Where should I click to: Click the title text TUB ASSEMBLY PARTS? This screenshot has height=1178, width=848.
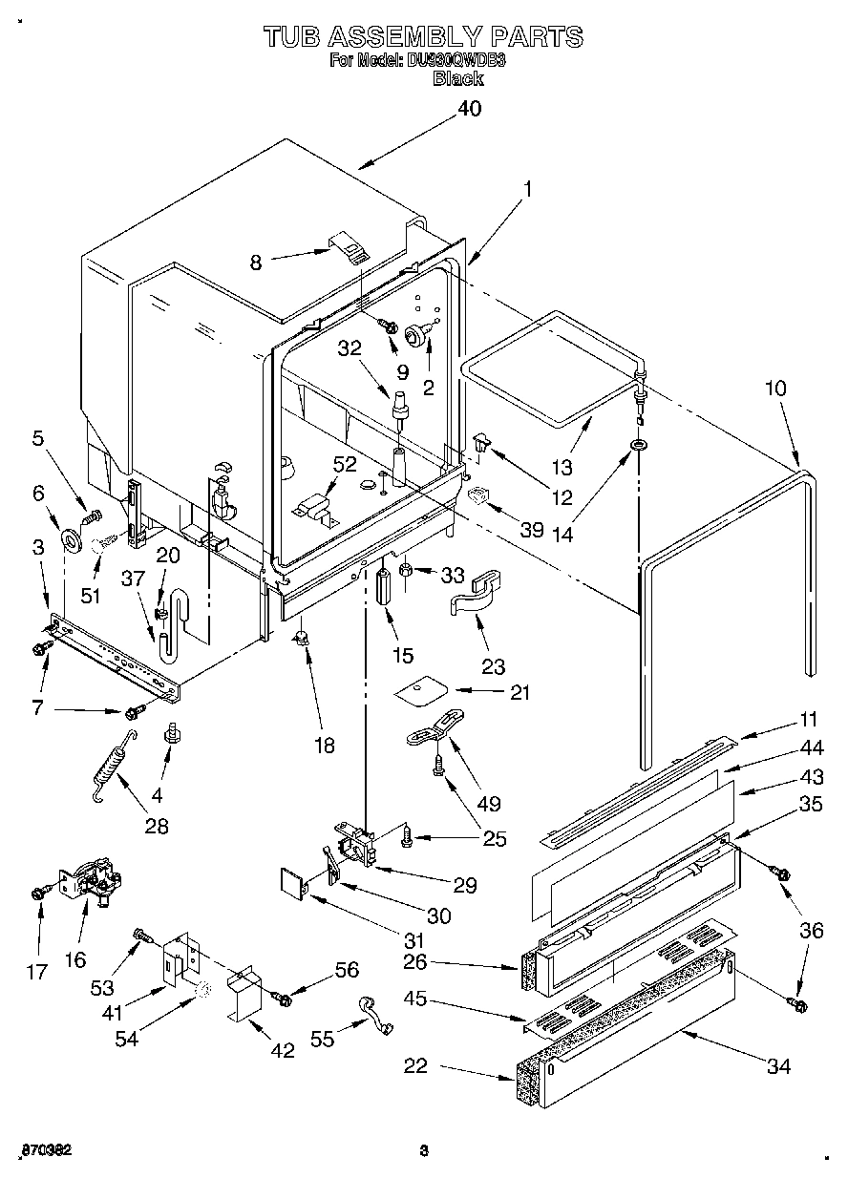(x=423, y=37)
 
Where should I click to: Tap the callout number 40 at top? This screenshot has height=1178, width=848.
(x=469, y=110)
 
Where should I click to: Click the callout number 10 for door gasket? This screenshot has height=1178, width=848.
(x=775, y=389)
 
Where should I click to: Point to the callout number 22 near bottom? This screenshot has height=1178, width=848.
(x=415, y=1066)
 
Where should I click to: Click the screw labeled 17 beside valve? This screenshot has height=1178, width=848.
(x=38, y=892)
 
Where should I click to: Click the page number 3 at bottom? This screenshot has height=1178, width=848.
(x=422, y=1150)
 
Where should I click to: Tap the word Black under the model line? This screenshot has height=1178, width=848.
(x=458, y=79)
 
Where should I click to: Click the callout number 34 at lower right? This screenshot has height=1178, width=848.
(x=778, y=1066)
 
